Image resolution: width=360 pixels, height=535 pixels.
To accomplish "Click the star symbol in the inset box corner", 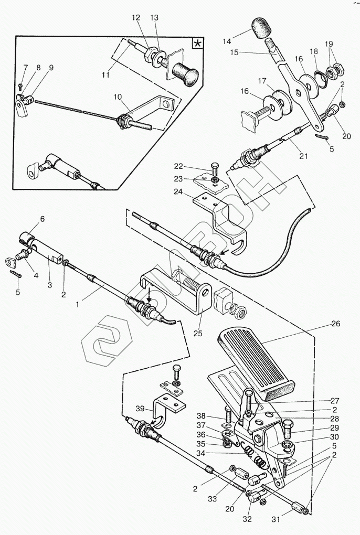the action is pyautogui.click(x=198, y=44).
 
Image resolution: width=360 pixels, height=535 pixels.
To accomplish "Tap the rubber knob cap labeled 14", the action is pyautogui.click(x=261, y=28).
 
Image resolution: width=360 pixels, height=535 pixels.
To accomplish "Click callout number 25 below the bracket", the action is pyautogui.click(x=198, y=333).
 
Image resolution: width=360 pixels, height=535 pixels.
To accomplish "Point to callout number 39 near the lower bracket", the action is pyautogui.click(x=140, y=409).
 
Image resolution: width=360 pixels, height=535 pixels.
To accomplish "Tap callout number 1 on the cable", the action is pyautogui.click(x=78, y=304).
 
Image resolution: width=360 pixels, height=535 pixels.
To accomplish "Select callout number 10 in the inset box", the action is pyautogui.click(x=118, y=97).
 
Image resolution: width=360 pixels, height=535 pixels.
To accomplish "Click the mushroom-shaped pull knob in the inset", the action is pyautogui.click(x=185, y=73).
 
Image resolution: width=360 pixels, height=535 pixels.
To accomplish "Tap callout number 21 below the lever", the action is pyautogui.click(x=303, y=156).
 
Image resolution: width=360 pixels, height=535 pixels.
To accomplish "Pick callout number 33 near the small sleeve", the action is pyautogui.click(x=212, y=499).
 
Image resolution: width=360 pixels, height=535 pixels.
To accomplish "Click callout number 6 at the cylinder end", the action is pyautogui.click(x=43, y=219).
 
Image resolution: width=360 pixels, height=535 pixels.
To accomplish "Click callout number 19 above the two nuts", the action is pyautogui.click(x=329, y=44).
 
